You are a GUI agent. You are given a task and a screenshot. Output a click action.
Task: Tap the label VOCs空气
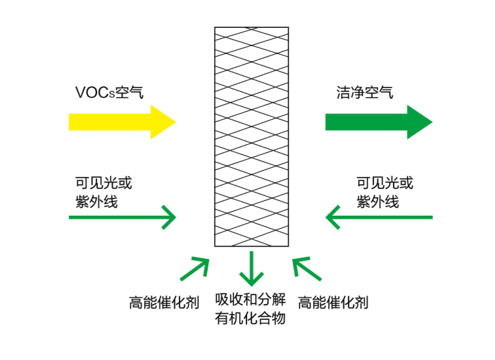(109, 92)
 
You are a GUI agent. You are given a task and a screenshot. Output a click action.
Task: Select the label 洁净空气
(364, 92)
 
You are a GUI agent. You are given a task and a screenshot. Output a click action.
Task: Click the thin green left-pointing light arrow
(380, 217)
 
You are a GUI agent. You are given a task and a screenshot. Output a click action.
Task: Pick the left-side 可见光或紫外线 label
(103, 192)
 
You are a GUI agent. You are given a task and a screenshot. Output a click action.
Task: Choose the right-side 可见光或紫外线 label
(385, 192)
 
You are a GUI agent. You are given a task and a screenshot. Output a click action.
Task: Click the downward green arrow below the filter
(251, 268)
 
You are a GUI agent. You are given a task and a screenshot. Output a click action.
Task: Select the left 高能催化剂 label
(164, 302)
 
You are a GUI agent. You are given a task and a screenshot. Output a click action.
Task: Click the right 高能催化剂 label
(333, 302)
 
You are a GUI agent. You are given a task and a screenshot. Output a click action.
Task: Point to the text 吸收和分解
(250, 299)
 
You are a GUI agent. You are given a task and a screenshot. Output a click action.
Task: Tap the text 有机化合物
(250, 318)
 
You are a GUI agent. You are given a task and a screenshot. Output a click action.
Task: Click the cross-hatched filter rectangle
(251, 136)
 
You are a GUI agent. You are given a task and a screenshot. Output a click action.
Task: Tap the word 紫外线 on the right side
(378, 202)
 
